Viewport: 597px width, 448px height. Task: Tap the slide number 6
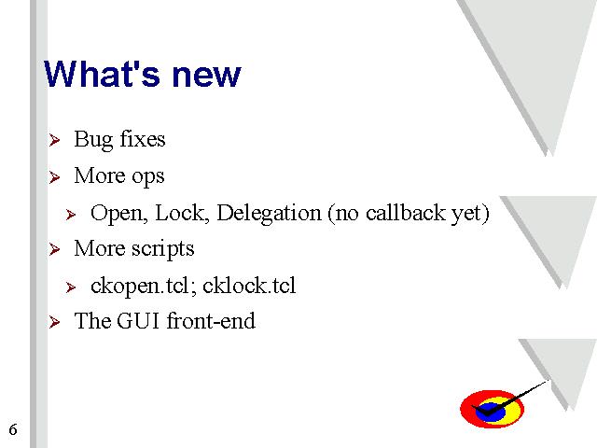coord(13,429)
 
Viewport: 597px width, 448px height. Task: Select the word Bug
coord(93,140)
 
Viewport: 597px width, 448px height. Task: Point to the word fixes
coord(143,138)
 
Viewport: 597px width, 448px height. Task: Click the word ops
coord(148,177)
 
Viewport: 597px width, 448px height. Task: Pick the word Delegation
coord(269,214)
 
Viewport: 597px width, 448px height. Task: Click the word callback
coord(405,213)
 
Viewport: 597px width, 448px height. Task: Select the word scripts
coord(163,249)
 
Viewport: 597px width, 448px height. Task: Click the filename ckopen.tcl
coord(139,287)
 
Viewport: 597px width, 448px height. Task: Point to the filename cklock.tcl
coord(249,286)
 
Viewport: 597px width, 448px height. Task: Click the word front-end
coord(211,320)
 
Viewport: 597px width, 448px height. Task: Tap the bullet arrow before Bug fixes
coord(54,140)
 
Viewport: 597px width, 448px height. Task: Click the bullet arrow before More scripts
coord(54,249)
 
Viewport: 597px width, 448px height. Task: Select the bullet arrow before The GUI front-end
coord(54,322)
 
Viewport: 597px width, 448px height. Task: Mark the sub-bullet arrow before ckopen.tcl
coord(71,287)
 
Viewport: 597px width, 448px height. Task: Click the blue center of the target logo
coord(491,412)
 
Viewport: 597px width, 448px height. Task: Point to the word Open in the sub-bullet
coord(119,214)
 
